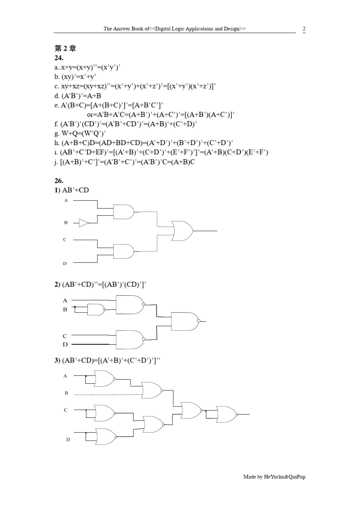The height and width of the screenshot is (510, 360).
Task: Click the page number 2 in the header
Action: (304, 28)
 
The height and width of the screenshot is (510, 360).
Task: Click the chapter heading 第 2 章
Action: (65, 48)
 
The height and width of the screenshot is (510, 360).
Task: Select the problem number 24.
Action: (59, 58)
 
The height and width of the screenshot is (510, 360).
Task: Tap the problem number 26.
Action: (59, 180)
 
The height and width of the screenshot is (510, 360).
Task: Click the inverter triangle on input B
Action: (84, 223)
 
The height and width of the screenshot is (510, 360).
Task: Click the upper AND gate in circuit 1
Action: (123, 212)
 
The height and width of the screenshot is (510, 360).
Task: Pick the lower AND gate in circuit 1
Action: (123, 251)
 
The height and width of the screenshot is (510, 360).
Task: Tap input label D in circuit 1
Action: (65, 263)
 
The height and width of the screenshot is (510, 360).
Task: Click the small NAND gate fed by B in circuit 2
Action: (95, 310)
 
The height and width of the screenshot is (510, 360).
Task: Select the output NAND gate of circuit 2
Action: (185, 322)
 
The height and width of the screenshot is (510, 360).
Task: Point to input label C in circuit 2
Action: (65, 336)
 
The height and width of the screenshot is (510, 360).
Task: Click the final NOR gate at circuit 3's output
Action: (226, 414)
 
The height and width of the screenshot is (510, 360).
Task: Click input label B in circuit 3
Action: (66, 393)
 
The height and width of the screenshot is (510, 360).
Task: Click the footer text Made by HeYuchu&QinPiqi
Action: (274, 477)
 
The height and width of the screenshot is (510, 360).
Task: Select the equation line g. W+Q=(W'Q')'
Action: (80, 133)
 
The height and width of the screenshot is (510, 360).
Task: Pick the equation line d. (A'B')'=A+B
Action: (78, 96)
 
